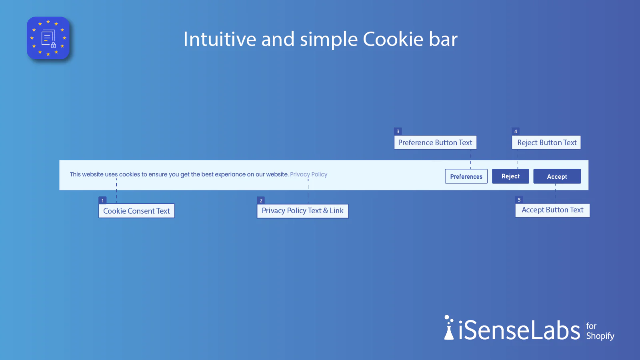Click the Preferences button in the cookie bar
pos(466,176)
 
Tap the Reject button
pos(510,176)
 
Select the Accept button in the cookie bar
pos(557,176)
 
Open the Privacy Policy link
pos(308,174)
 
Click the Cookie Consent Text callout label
pos(136,211)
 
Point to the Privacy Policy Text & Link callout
pos(302,211)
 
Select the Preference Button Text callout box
pos(435,142)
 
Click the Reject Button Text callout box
pos(546,142)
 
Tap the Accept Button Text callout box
pos(552,210)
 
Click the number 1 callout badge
pos(102,200)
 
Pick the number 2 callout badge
pos(261,200)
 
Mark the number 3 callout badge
pos(398,132)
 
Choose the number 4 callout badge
pos(516,132)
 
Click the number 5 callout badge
pos(519,200)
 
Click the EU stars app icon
pos(48,38)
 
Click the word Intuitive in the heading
pos(220,39)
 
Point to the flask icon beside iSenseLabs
pos(449,328)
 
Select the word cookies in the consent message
pos(130,174)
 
